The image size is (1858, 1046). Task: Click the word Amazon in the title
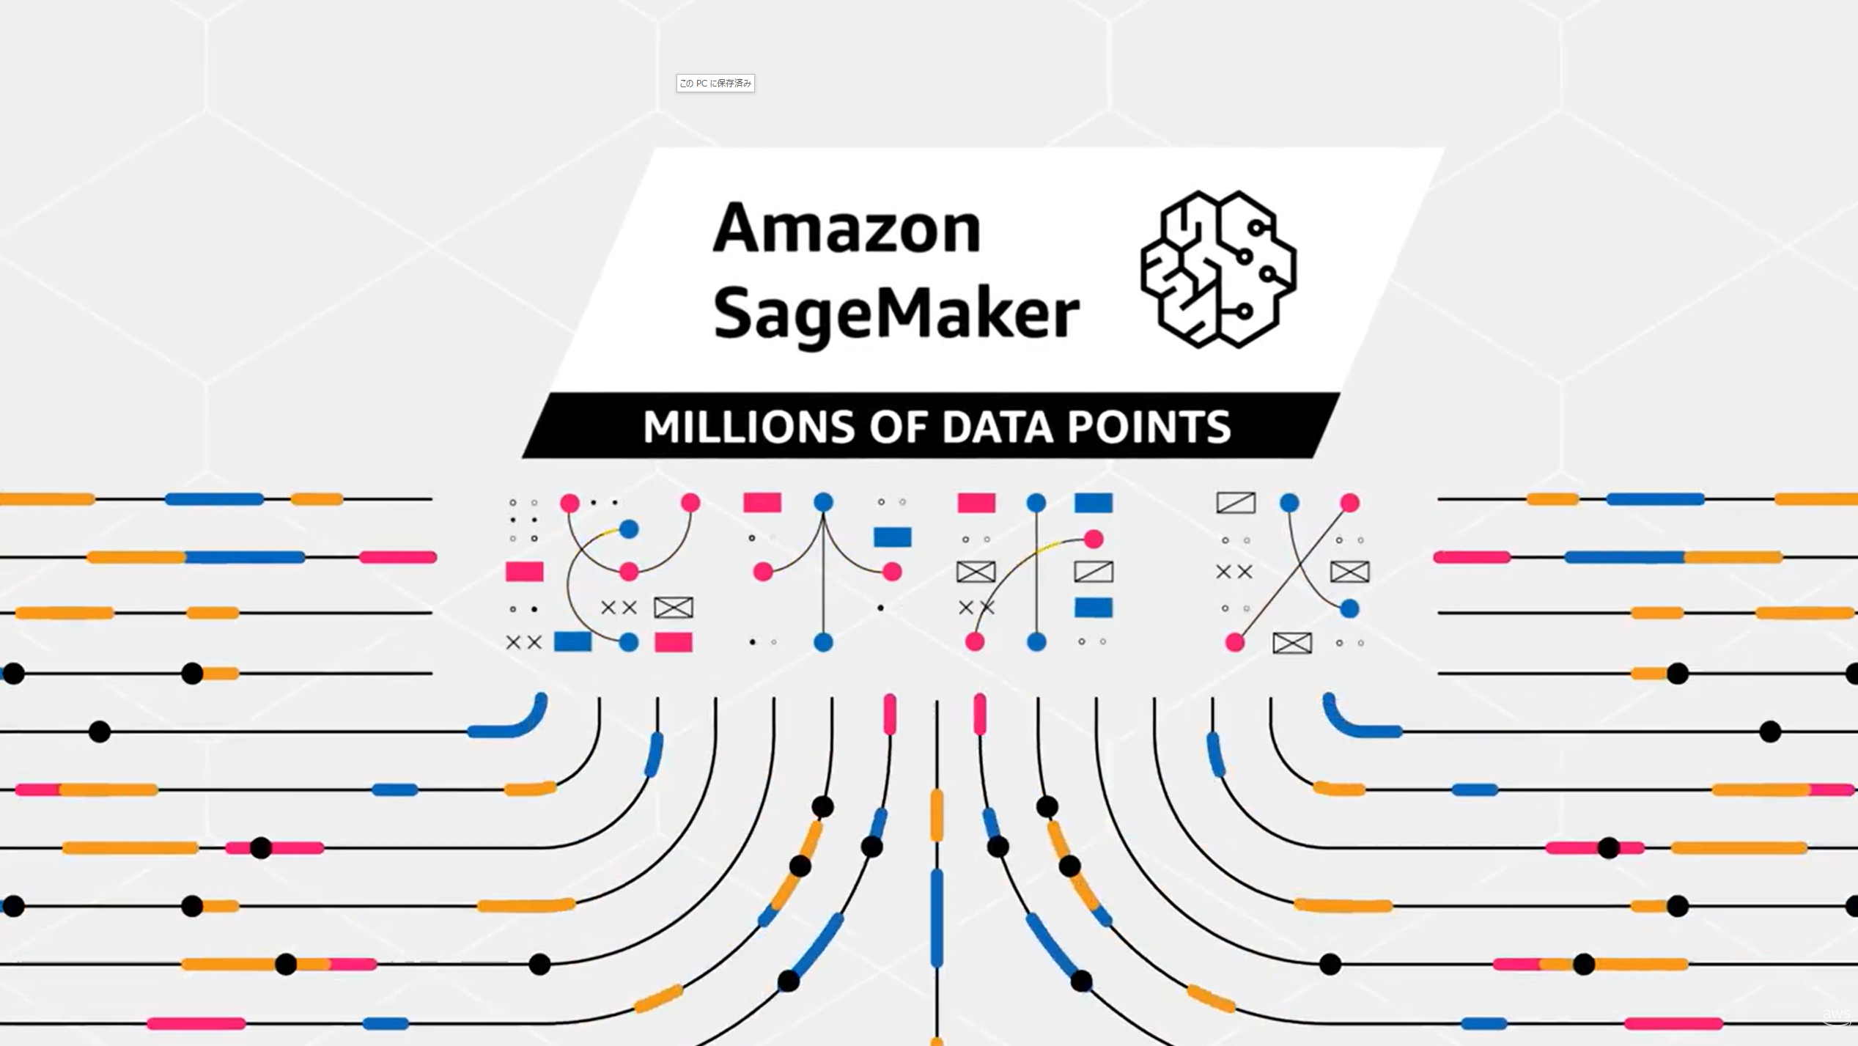click(846, 228)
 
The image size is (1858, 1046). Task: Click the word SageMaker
click(896, 313)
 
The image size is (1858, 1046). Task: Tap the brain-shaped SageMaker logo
click(1218, 269)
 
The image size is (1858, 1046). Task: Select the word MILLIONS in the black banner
click(748, 427)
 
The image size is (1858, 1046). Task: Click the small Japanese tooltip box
click(715, 84)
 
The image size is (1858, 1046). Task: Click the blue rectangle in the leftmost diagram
click(572, 642)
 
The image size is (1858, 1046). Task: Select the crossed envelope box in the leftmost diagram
click(673, 608)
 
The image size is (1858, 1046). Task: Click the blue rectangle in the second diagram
click(892, 537)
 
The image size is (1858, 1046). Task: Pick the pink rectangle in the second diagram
click(762, 503)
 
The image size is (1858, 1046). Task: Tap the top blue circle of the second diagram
click(823, 502)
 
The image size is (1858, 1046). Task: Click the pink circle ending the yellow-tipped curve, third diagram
click(1093, 539)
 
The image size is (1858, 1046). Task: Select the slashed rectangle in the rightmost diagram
click(1236, 503)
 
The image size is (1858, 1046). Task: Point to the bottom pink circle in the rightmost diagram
click(1235, 643)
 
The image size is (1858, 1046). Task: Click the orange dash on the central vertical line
click(937, 815)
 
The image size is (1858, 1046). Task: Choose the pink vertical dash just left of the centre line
click(890, 713)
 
